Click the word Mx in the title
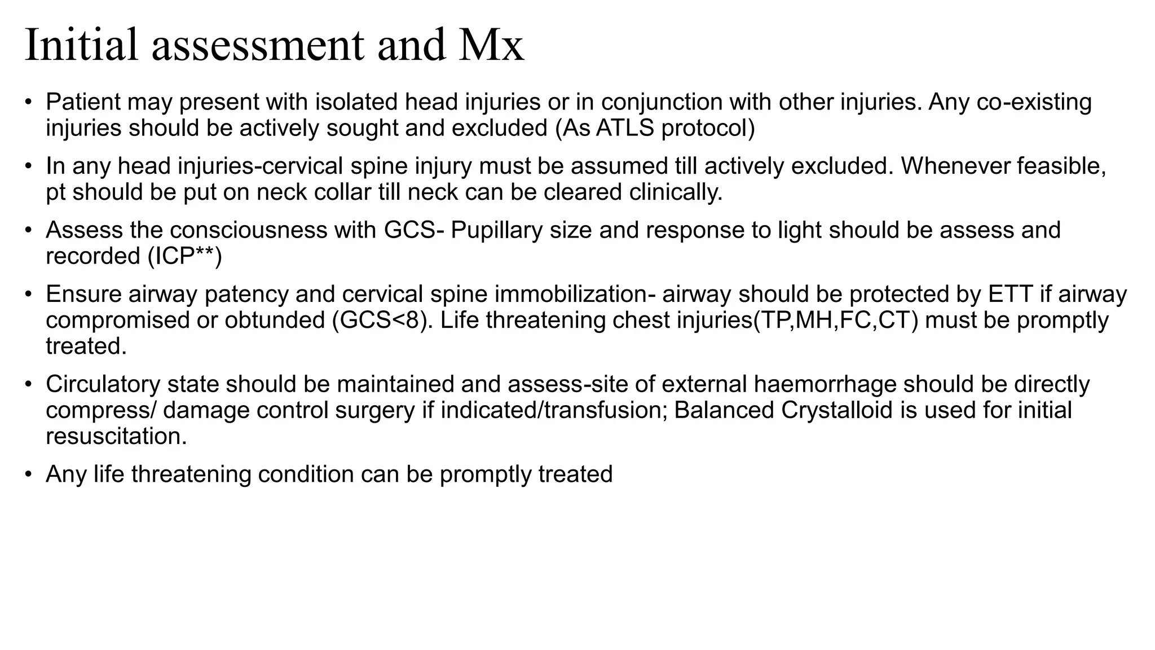point(491,45)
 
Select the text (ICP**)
point(184,256)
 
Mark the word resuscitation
point(116,436)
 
